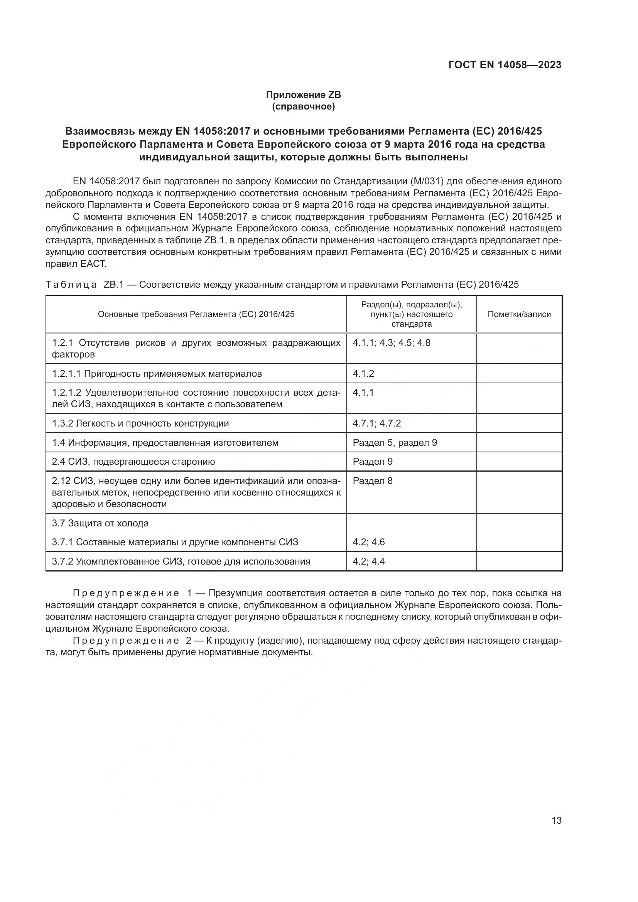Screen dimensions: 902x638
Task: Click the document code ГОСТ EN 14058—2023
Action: (x=505, y=65)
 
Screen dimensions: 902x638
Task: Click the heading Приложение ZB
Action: (x=303, y=95)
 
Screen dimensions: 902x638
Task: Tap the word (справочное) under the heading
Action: (x=303, y=106)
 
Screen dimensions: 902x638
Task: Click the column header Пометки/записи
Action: (x=519, y=314)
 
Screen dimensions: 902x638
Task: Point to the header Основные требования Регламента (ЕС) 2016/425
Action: (x=196, y=314)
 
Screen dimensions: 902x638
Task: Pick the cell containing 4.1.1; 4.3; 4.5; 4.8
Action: (x=391, y=342)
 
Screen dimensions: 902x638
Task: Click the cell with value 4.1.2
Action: (x=363, y=373)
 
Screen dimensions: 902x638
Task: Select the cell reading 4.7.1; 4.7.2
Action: (x=376, y=423)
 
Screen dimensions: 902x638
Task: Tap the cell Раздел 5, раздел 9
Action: (x=395, y=442)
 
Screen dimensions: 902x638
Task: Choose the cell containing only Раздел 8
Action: (x=373, y=481)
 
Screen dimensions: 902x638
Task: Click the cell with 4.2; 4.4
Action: (x=368, y=561)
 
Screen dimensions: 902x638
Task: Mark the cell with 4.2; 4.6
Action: (x=368, y=542)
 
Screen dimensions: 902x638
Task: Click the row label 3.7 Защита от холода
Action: (x=100, y=523)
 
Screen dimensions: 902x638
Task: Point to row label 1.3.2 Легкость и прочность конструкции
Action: (x=140, y=423)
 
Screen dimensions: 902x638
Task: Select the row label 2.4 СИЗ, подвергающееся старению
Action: (x=133, y=461)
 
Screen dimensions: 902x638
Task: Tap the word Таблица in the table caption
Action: (x=71, y=285)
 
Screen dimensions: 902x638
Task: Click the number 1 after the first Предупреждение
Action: (x=190, y=593)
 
